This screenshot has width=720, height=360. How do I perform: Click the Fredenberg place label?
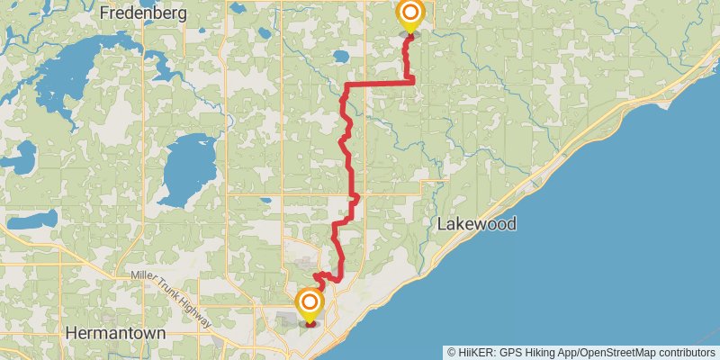[143, 13]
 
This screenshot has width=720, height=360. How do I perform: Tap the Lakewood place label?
[477, 224]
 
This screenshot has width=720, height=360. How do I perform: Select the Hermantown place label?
[116, 333]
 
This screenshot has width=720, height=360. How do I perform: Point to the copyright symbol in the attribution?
[451, 352]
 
